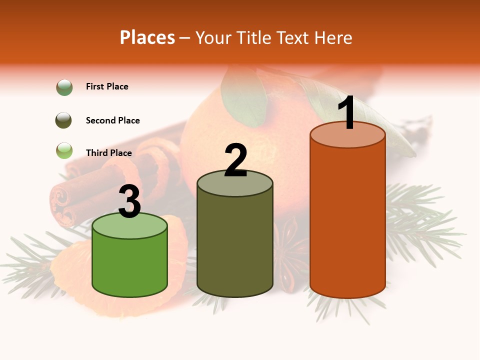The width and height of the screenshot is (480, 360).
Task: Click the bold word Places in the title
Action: tap(147, 37)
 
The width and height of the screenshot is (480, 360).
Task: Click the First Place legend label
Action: tap(107, 86)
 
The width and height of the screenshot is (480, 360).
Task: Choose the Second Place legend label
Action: tap(112, 120)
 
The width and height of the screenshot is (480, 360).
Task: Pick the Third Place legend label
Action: tap(108, 153)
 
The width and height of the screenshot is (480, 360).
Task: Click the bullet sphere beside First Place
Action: tap(64, 87)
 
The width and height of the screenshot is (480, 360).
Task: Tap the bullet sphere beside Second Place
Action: tap(64, 120)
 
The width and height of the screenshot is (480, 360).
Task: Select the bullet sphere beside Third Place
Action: tap(64, 150)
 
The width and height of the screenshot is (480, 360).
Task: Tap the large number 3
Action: tap(129, 202)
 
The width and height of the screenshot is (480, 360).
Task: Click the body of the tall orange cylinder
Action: tap(347, 220)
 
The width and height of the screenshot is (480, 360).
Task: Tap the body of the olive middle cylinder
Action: tap(235, 245)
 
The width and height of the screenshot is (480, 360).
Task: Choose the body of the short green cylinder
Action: tap(130, 265)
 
